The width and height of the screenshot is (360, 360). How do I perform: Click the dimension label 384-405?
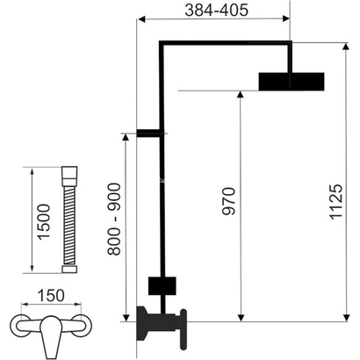point(213,11)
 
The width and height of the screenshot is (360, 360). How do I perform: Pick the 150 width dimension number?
point(55,297)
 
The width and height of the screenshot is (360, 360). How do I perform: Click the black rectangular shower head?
point(291,83)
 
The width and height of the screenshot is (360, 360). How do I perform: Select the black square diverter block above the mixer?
point(162,285)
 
